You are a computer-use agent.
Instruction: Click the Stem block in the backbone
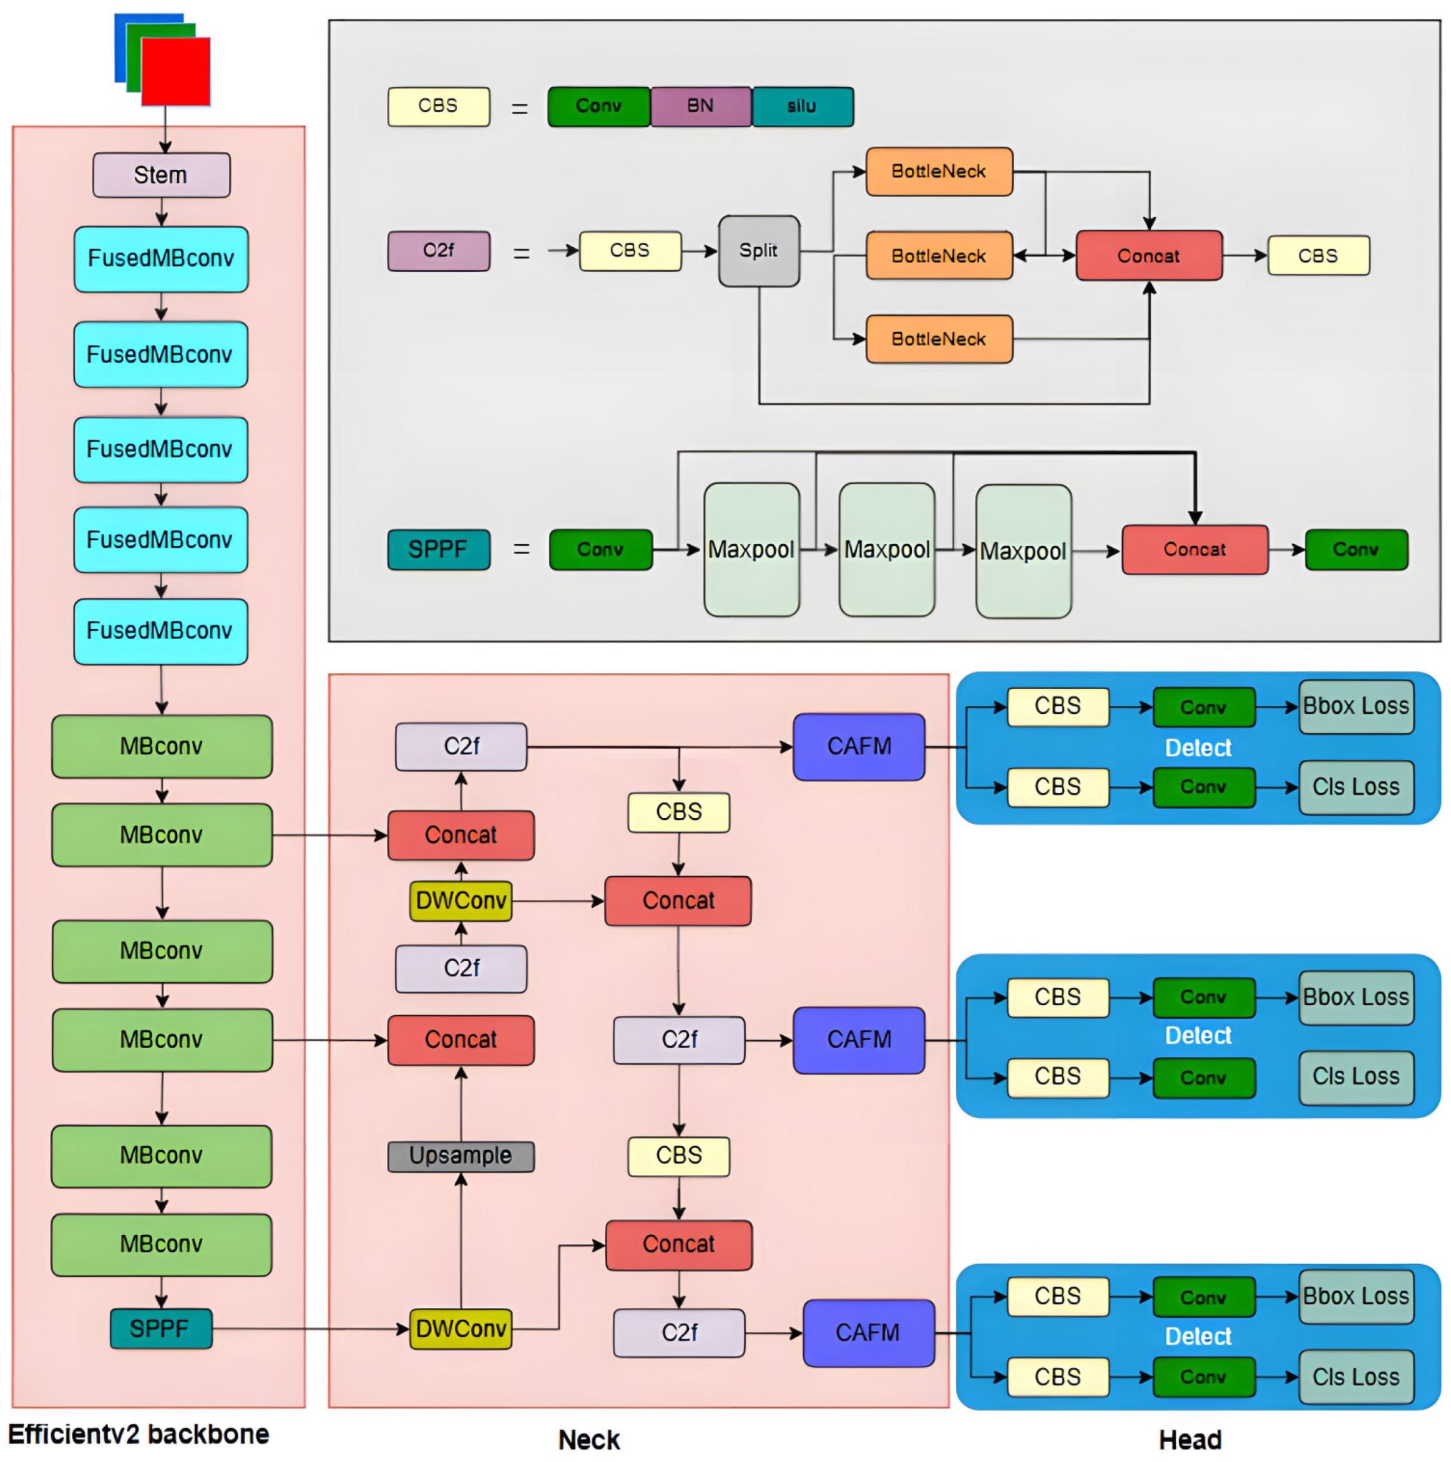click(x=161, y=175)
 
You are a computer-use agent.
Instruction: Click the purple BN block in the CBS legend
click(x=700, y=106)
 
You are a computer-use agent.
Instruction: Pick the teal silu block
click(x=803, y=106)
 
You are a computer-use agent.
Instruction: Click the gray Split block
click(x=758, y=250)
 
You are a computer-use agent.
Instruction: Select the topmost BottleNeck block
click(x=939, y=172)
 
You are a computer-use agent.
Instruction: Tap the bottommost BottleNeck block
click(x=939, y=339)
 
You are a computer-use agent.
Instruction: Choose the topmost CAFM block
click(x=858, y=746)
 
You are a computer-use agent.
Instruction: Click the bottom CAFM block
click(x=867, y=1333)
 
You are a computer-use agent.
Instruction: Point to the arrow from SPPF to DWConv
click(x=310, y=1329)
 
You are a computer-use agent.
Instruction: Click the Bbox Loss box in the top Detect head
click(x=1356, y=706)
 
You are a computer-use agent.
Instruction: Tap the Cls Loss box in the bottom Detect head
click(x=1356, y=1377)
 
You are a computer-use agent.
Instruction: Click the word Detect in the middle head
click(x=1198, y=1035)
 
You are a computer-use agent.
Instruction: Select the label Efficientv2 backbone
click(x=139, y=1434)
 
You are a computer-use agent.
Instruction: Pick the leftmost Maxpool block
click(x=751, y=549)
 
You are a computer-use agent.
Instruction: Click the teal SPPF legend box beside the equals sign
click(x=438, y=549)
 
